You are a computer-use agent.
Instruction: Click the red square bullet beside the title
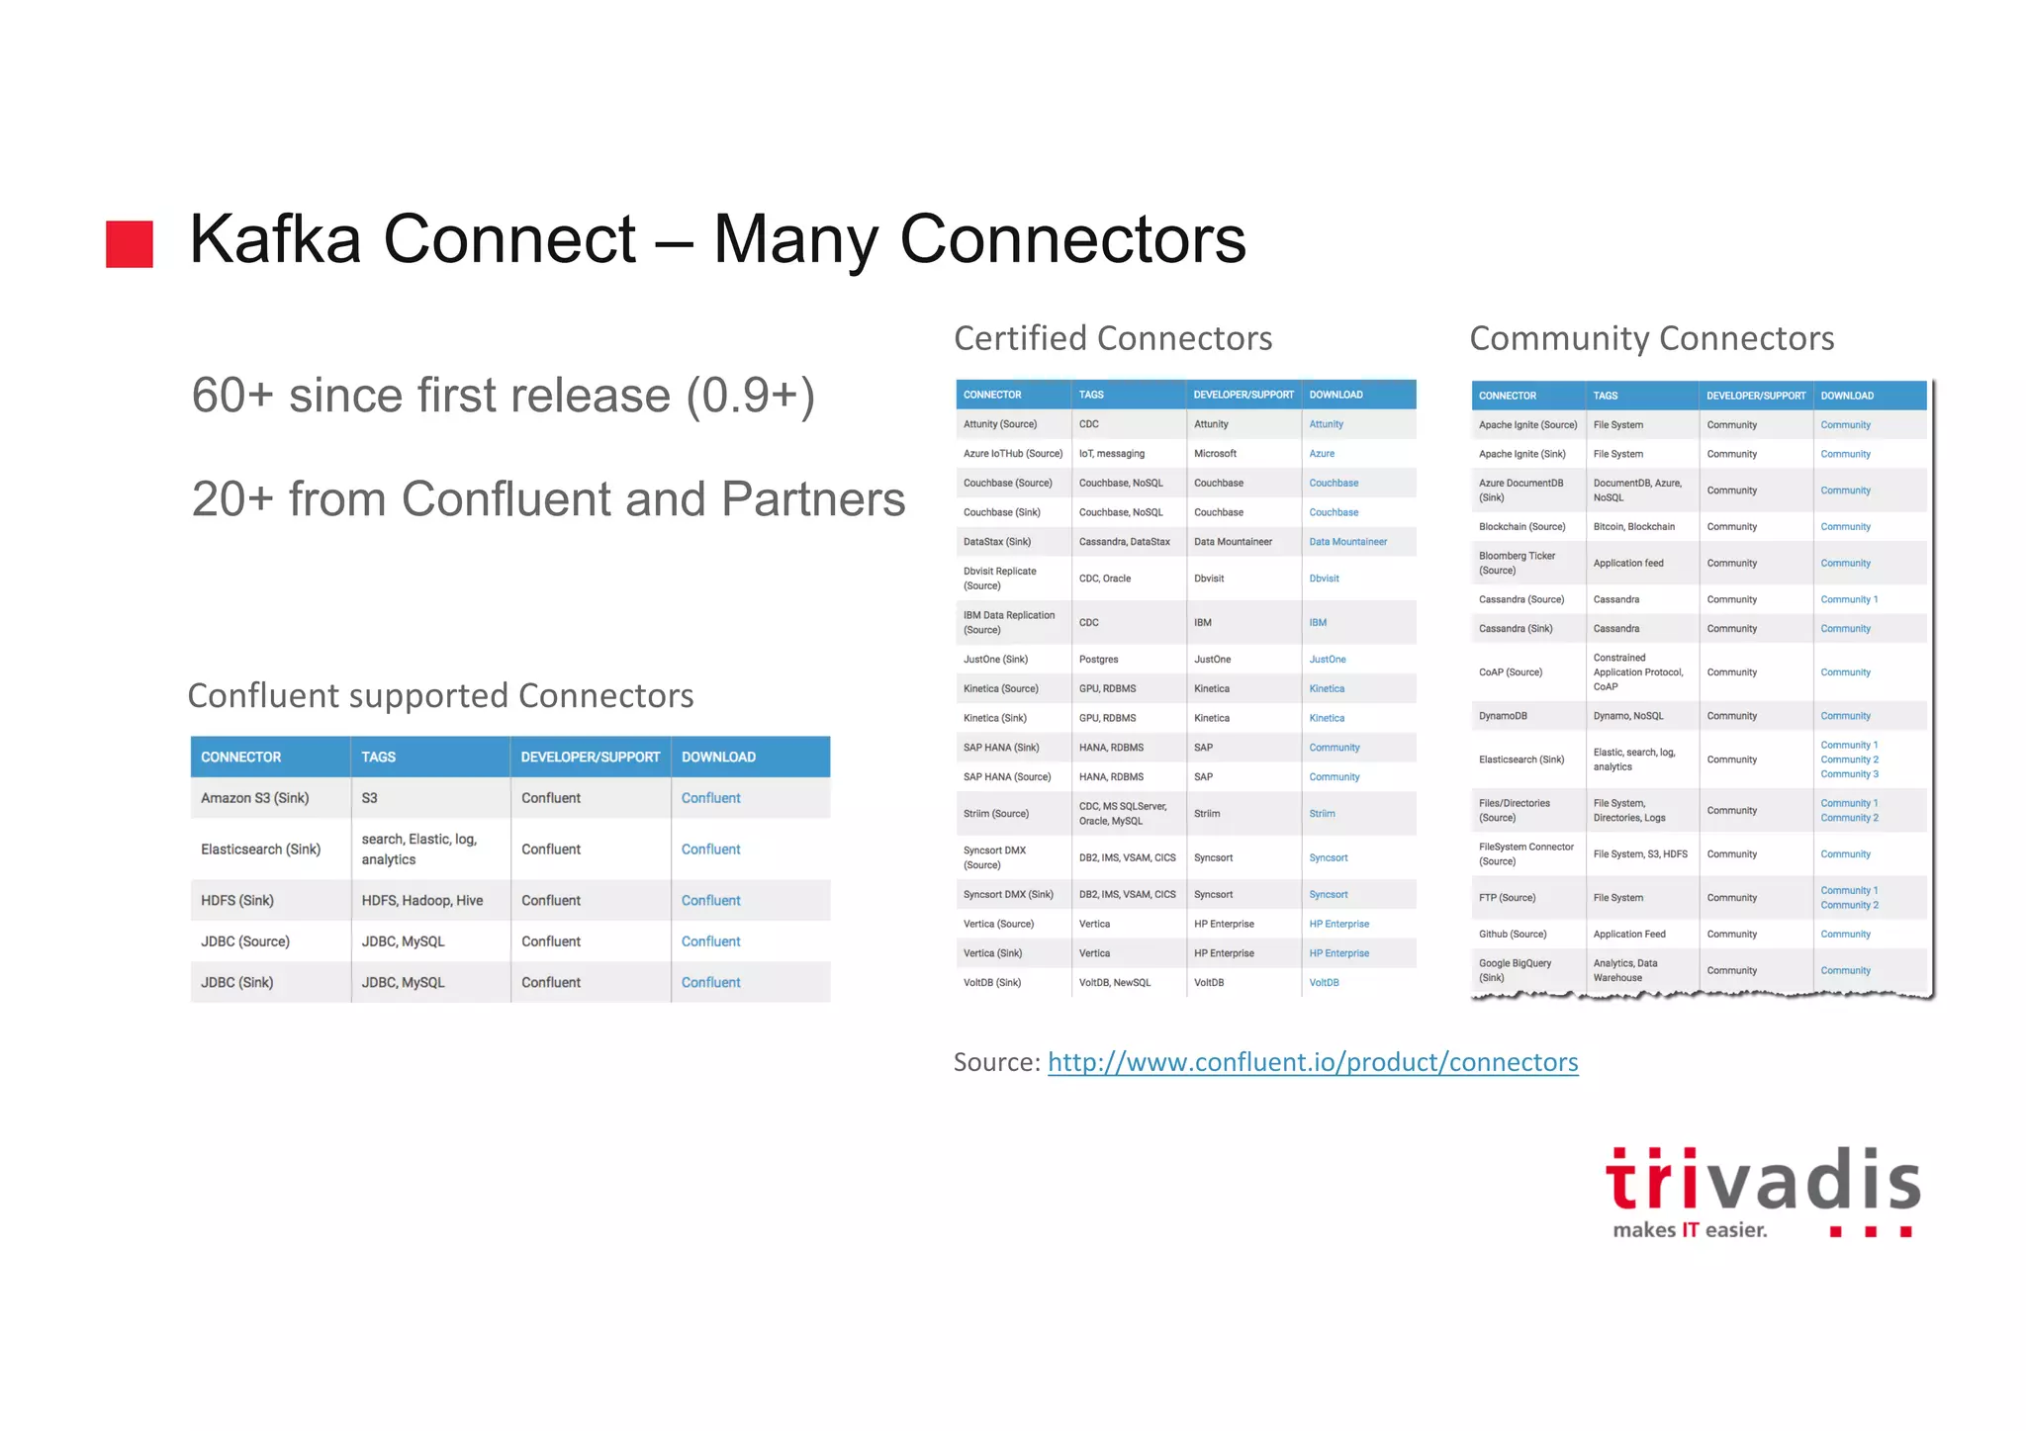coord(130,243)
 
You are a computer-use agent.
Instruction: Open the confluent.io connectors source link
coord(1312,1062)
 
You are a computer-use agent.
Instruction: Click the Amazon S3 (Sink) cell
coord(255,798)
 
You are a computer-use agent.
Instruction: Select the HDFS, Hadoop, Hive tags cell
coord(422,900)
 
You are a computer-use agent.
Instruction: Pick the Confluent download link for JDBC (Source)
coord(710,941)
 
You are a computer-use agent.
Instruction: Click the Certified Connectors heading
coord(1113,338)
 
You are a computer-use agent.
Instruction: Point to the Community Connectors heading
coord(1651,338)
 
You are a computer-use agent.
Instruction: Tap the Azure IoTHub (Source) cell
coord(1012,454)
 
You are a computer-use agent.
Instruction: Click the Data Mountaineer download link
coord(1347,542)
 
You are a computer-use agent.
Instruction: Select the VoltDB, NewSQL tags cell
coord(1115,983)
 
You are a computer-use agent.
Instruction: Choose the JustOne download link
coord(1327,660)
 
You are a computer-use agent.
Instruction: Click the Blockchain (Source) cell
coord(1521,527)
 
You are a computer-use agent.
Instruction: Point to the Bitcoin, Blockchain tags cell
coord(1633,527)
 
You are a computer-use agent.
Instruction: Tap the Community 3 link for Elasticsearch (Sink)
coord(1849,774)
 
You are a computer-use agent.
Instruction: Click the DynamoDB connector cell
coord(1503,716)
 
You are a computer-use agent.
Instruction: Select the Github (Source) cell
coord(1513,935)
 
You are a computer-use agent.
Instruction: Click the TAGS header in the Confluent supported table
coord(378,757)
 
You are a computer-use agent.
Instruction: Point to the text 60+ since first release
coord(503,396)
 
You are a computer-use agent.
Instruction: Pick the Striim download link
coord(1322,814)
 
